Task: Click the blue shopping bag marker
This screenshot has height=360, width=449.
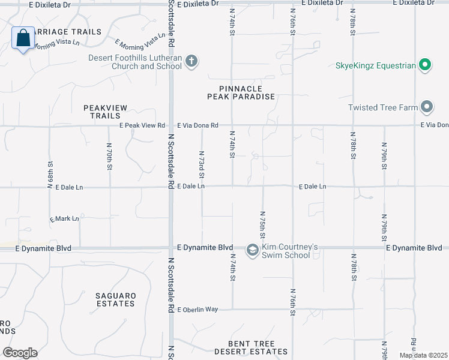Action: [23, 38]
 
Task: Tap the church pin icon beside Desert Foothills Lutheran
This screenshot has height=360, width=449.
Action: [191, 61]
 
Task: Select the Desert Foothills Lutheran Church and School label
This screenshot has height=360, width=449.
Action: [135, 62]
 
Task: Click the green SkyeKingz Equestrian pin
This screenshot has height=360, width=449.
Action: [425, 65]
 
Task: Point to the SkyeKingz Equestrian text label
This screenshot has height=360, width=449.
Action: [376, 65]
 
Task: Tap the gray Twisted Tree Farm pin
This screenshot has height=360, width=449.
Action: [427, 107]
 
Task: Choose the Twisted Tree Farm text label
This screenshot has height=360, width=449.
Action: [382, 107]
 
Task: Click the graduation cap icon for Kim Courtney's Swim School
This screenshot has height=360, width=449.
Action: [252, 249]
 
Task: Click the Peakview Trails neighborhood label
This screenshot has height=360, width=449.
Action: [105, 111]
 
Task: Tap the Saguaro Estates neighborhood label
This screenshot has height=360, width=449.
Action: [116, 299]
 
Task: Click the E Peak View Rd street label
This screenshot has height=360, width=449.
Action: [142, 125]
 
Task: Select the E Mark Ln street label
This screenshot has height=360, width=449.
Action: [64, 218]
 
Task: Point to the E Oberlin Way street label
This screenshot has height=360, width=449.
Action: [197, 309]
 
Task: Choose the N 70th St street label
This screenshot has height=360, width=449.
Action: [109, 156]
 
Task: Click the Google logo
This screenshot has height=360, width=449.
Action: [20, 353]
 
